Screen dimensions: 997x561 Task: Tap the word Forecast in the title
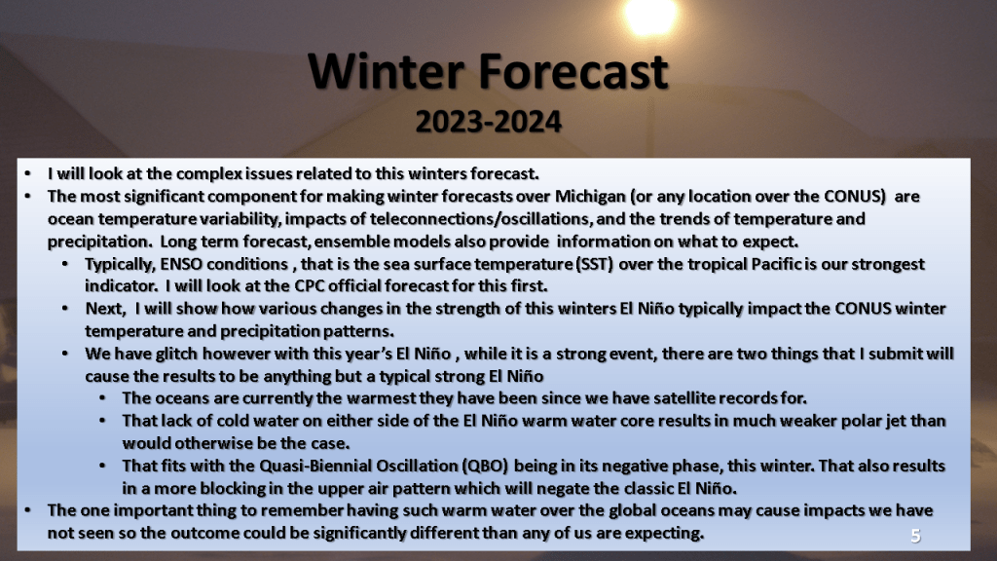(573, 71)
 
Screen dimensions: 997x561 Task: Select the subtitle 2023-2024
(489, 122)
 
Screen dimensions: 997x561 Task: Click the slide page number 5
(915, 537)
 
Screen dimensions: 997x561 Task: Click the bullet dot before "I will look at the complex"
(27, 173)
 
